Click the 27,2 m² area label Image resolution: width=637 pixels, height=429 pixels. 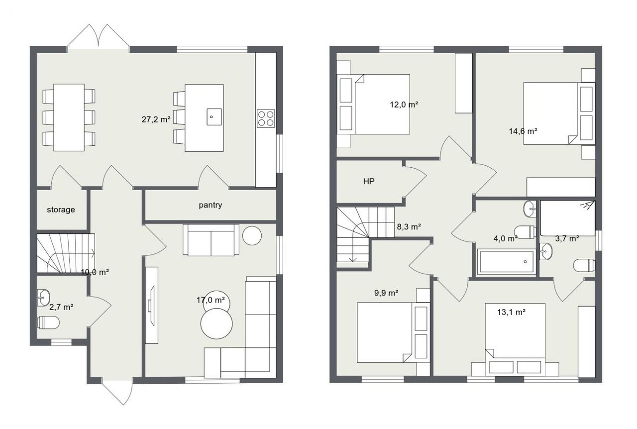click(156, 119)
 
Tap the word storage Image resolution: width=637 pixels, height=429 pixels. click(61, 210)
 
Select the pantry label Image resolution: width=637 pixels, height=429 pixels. click(211, 205)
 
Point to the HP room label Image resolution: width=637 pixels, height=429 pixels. click(369, 181)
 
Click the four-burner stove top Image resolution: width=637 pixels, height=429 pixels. click(266, 118)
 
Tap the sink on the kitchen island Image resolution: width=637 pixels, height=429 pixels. click(214, 116)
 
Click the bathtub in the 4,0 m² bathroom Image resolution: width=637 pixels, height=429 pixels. click(506, 262)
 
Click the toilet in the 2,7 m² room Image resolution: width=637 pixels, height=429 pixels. click(48, 322)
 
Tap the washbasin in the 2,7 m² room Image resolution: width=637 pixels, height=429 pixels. click(43, 298)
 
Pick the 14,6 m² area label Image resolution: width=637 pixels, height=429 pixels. click(523, 131)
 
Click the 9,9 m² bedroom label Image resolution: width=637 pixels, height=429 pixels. click(386, 293)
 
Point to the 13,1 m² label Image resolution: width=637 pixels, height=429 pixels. click(511, 312)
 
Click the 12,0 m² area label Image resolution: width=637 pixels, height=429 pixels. click(404, 105)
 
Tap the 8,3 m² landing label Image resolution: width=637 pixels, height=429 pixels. click(409, 226)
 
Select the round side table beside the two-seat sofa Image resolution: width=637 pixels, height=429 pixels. click(252, 235)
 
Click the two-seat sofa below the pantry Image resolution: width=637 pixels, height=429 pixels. click(211, 240)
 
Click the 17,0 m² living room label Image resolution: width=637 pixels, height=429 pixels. click(211, 300)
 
